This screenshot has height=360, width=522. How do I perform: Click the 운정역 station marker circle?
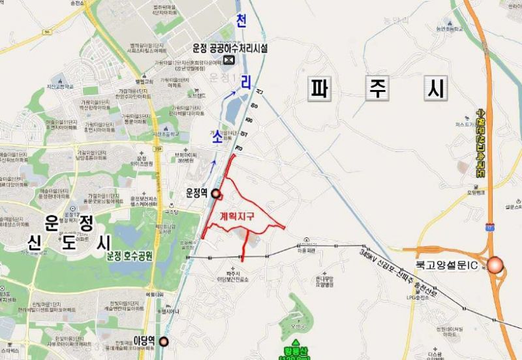[216, 194]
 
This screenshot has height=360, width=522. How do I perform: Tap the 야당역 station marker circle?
[163, 341]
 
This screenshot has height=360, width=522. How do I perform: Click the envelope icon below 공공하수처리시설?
[229, 61]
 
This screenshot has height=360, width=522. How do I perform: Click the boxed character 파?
[319, 89]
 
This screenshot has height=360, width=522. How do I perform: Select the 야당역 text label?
[144, 340]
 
